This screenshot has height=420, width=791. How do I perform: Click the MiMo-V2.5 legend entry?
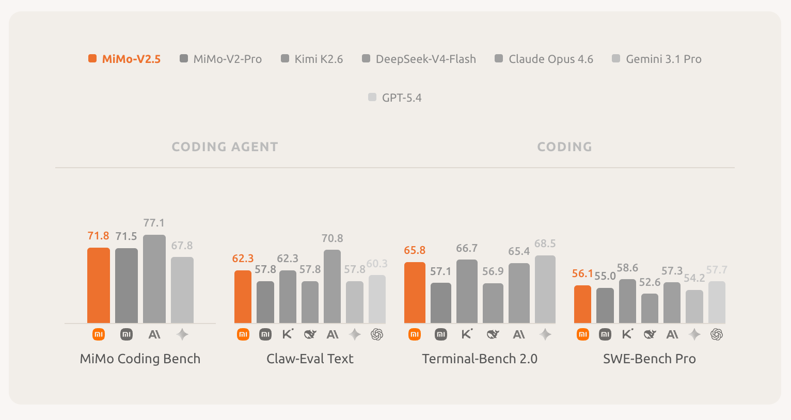pyautogui.click(x=124, y=59)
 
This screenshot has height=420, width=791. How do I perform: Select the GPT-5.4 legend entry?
pyautogui.click(x=395, y=98)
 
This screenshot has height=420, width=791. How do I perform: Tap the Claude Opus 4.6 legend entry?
pyautogui.click(x=544, y=59)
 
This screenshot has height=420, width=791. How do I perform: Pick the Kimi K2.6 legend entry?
pyautogui.click(x=312, y=59)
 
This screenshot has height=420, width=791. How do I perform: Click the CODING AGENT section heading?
pyautogui.click(x=225, y=147)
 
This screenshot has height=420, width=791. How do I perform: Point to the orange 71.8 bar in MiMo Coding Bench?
pyautogui.click(x=99, y=285)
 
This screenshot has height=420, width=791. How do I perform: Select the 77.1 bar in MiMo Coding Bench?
pyautogui.click(x=154, y=279)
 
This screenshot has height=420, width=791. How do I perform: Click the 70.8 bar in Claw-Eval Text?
pyautogui.click(x=333, y=286)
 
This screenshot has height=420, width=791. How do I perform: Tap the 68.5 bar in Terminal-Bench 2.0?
pyautogui.click(x=545, y=289)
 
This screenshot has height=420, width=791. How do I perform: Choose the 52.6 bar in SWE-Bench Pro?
pyautogui.click(x=650, y=308)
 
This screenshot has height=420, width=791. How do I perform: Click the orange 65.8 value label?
pyautogui.click(x=415, y=250)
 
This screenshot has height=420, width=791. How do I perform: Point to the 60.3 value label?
pyautogui.click(x=377, y=264)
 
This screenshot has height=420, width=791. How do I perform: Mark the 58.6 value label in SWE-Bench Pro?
pyautogui.click(x=627, y=268)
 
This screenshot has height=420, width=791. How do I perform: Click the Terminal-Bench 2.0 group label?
pyautogui.click(x=480, y=359)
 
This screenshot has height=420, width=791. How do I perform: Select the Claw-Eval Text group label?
pyautogui.click(x=310, y=359)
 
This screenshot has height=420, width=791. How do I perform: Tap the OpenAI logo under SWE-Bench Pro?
pyautogui.click(x=717, y=334)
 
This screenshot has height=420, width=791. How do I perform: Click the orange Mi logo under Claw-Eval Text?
pyautogui.click(x=243, y=334)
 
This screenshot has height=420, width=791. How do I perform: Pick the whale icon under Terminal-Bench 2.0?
pyautogui.click(x=493, y=334)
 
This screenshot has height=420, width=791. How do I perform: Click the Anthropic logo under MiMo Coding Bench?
pyautogui.click(x=154, y=334)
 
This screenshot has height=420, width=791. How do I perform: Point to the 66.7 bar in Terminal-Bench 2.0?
pyautogui.click(x=467, y=291)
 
